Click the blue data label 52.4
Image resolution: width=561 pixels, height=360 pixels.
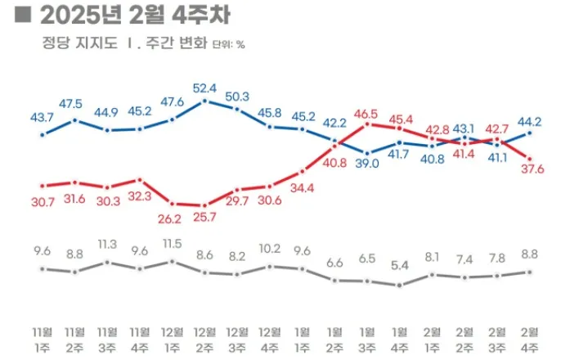click(204, 88)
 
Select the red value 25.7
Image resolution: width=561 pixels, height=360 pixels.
click(204, 218)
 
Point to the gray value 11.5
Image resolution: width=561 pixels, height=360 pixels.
click(172, 244)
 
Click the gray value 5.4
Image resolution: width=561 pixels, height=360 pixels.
click(399, 265)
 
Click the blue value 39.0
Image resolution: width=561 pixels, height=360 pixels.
click(367, 164)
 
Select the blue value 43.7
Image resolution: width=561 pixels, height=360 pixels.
click(42, 117)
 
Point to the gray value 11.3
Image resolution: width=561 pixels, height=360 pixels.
click(107, 243)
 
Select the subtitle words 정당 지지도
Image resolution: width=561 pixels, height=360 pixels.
click(71, 44)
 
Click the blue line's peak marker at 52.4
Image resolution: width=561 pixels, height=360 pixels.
click(204, 101)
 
